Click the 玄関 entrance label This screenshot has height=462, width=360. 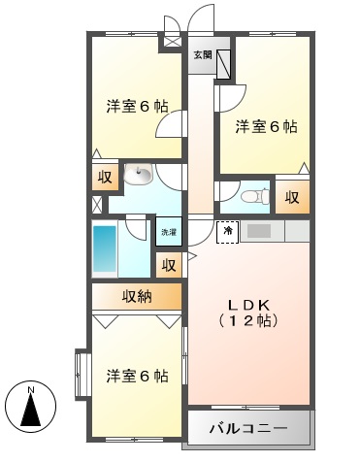[203, 55]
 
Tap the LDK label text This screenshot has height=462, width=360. [248, 305]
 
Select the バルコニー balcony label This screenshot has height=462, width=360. [248, 429]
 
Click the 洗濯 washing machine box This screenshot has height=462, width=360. [169, 232]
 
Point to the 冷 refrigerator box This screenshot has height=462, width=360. [228, 232]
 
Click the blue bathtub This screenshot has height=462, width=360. [105, 249]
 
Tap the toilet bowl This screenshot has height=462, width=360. [255, 196]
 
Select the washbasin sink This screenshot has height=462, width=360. [139, 174]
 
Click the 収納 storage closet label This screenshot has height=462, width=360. [137, 296]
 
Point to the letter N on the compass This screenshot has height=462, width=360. [31, 390]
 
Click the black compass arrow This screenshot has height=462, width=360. [31, 410]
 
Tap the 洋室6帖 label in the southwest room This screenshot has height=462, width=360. [137, 377]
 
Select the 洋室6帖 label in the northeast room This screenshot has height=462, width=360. [266, 126]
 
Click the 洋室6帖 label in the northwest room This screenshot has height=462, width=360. [137, 107]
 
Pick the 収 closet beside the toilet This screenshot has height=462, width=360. [292, 197]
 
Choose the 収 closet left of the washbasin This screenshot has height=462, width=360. [105, 178]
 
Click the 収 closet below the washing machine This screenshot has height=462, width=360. [169, 265]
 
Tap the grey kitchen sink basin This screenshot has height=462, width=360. [259, 231]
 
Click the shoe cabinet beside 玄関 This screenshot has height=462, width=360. [223, 64]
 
